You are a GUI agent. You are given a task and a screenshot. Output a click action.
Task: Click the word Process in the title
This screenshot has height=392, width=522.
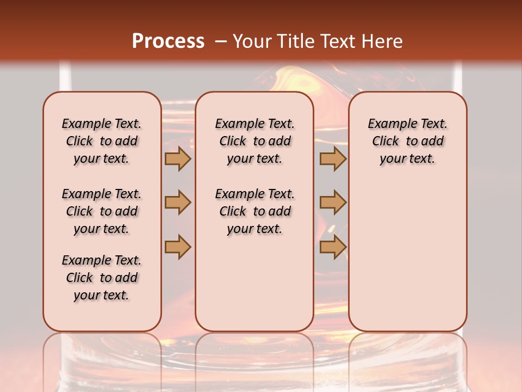pos(168,41)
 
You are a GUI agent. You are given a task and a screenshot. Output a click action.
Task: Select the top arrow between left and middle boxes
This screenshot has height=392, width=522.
pos(178,159)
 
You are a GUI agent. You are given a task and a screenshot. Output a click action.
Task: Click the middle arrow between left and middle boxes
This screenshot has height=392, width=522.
pos(178,203)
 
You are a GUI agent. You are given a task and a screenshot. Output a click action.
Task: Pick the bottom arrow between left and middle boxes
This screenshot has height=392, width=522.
pos(178,247)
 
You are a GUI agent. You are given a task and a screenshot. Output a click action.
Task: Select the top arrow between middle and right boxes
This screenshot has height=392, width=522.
pos(333,159)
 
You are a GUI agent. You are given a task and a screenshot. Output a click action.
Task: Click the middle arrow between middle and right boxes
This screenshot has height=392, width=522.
pos(333,203)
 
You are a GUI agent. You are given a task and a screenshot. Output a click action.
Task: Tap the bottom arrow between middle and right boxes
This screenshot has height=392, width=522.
pos(333,247)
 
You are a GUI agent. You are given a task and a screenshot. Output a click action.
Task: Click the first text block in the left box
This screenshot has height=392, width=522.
pos(102,141)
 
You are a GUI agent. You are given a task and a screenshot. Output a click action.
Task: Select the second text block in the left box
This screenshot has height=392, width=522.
pos(102,211)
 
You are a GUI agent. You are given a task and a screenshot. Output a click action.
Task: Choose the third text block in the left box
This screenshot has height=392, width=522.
pos(102,278)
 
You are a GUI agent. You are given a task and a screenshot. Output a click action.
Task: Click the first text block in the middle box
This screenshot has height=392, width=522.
pos(254,141)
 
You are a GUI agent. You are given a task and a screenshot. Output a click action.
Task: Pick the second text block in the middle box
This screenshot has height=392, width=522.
pos(254,211)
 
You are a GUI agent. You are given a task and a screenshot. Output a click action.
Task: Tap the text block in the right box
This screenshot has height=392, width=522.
pos(407,141)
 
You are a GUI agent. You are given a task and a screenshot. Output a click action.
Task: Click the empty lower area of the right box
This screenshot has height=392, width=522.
pos(407,256)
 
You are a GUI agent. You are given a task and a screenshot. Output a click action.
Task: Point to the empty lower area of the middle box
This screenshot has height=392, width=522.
pos(254,283)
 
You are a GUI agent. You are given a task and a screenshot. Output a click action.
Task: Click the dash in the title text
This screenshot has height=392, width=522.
pos(221,41)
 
